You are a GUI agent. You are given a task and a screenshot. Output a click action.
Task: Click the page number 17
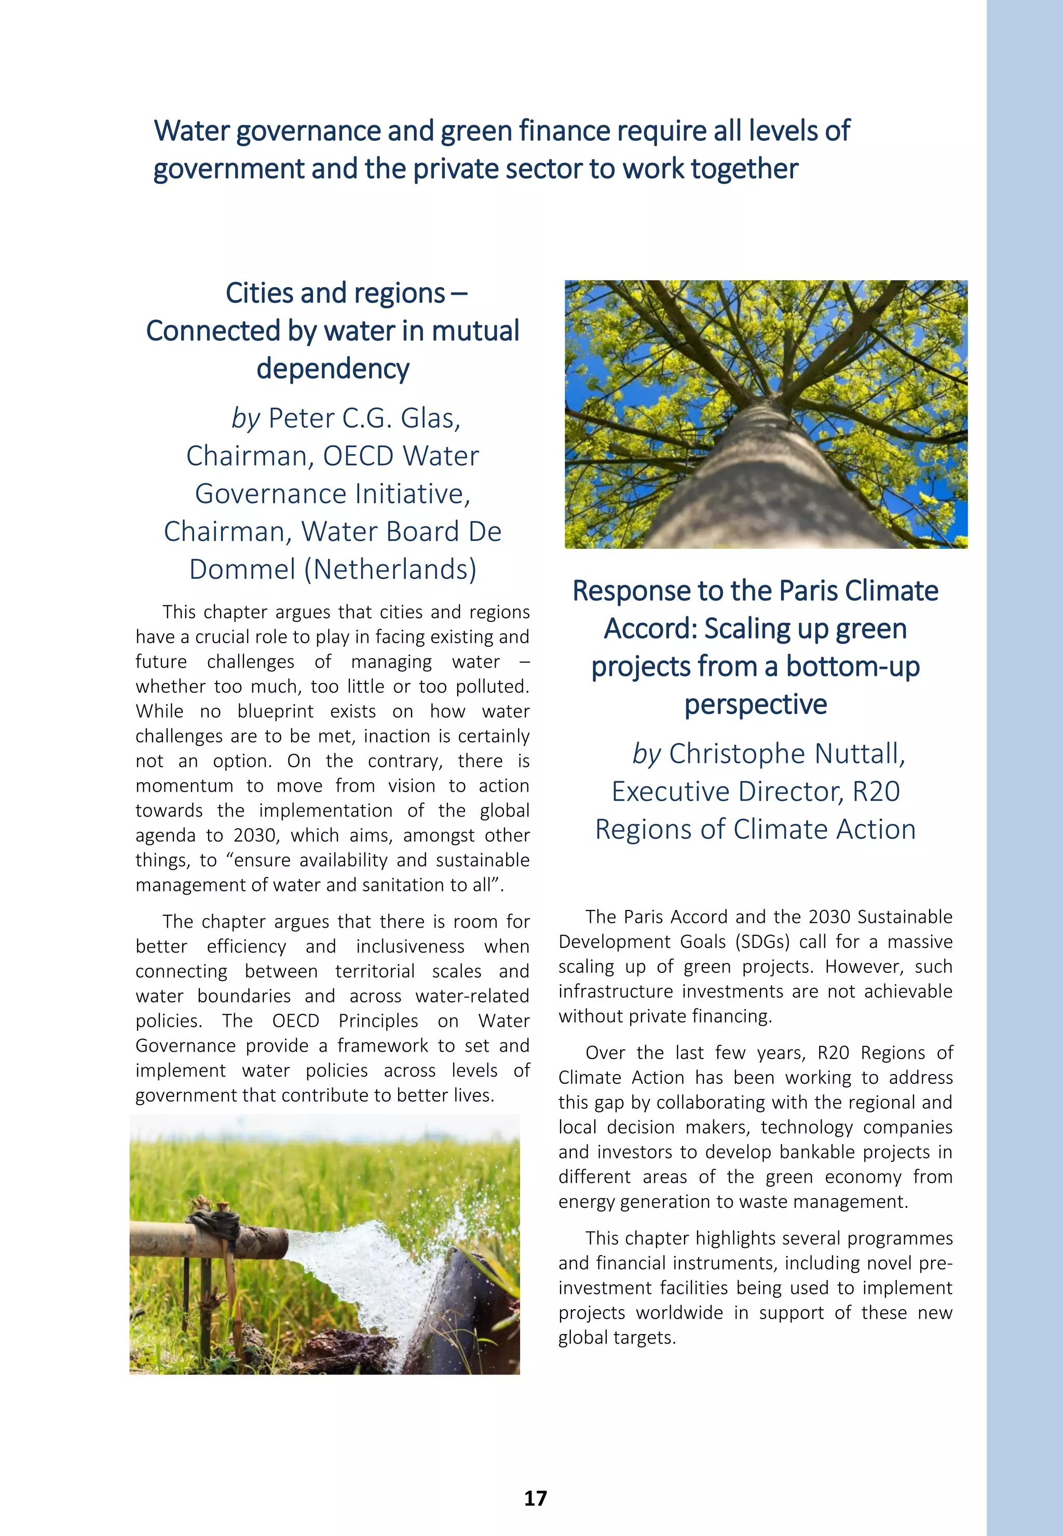[535, 1498]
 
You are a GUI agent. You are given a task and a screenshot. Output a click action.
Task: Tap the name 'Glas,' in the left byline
[430, 418]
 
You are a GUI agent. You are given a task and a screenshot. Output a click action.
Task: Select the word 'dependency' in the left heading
[332, 369]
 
